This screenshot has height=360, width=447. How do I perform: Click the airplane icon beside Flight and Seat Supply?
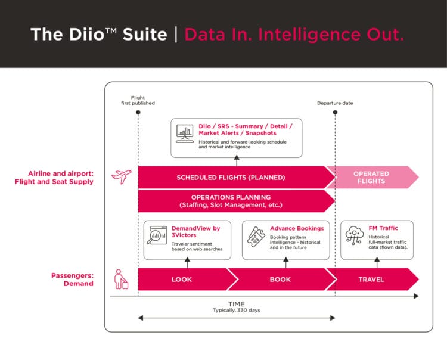pyautogui.click(x=121, y=177)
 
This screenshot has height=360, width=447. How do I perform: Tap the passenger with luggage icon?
pyautogui.click(x=121, y=279)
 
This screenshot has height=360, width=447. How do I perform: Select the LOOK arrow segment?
pyautogui.click(x=181, y=279)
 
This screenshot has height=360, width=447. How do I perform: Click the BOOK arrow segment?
pyautogui.click(x=280, y=279)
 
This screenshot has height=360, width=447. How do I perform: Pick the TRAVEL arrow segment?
pyautogui.click(x=371, y=279)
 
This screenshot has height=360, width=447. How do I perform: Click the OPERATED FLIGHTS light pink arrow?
pyautogui.click(x=371, y=177)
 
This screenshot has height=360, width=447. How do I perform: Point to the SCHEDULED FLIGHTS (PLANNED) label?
pyautogui.click(x=231, y=178)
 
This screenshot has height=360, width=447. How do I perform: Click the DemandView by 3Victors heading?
pyautogui.click(x=195, y=231)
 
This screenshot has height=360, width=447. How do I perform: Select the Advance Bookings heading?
pyautogui.click(x=297, y=228)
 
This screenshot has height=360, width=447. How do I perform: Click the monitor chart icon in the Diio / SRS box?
pyautogui.click(x=184, y=133)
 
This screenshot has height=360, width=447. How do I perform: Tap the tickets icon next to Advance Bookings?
pyautogui.click(x=255, y=237)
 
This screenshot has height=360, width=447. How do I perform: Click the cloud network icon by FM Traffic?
pyautogui.click(x=354, y=235)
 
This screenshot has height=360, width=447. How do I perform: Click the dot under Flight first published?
pyautogui.click(x=138, y=112)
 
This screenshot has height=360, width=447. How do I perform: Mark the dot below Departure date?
pyautogui.click(x=335, y=112)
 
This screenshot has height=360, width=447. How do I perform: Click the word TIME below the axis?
pyautogui.click(x=236, y=304)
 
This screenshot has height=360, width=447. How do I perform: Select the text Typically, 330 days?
pyautogui.click(x=236, y=311)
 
